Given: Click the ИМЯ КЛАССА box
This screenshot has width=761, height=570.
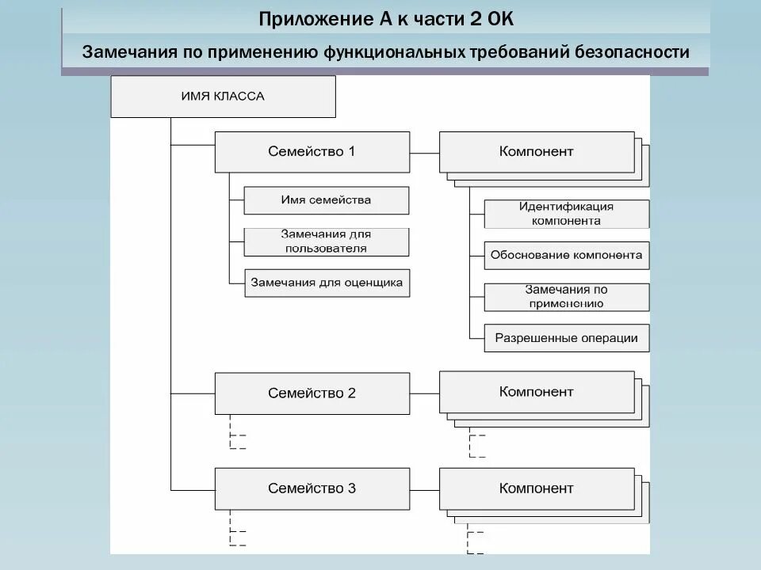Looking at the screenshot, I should click(223, 97).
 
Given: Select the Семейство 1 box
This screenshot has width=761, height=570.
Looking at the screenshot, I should click(312, 151).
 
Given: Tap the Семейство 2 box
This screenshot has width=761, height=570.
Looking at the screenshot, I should click(312, 393).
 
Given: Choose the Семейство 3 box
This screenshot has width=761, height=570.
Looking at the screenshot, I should click(312, 488).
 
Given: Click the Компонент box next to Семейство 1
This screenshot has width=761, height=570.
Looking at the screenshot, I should click(536, 151).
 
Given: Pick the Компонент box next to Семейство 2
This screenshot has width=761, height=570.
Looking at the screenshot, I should click(536, 392).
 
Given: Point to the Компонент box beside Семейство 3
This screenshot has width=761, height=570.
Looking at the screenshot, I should click(536, 488).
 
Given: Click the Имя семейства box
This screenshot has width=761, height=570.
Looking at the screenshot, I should click(326, 200).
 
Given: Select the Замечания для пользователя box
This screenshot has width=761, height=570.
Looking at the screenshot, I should click(326, 241).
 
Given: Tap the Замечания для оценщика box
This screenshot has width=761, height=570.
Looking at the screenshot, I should click(326, 282).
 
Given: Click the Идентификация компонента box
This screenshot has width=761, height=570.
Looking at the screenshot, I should click(566, 214).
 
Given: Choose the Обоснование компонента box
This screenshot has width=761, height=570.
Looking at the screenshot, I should click(566, 256).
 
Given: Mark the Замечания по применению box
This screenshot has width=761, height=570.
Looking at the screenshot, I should click(566, 297).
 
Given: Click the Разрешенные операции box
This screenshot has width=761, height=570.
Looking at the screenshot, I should click(566, 338).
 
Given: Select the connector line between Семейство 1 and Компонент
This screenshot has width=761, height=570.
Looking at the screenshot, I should click(424, 152).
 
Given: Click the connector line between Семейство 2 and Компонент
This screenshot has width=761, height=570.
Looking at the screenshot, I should click(424, 393).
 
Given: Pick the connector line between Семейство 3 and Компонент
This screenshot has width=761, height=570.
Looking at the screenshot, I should click(424, 488).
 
